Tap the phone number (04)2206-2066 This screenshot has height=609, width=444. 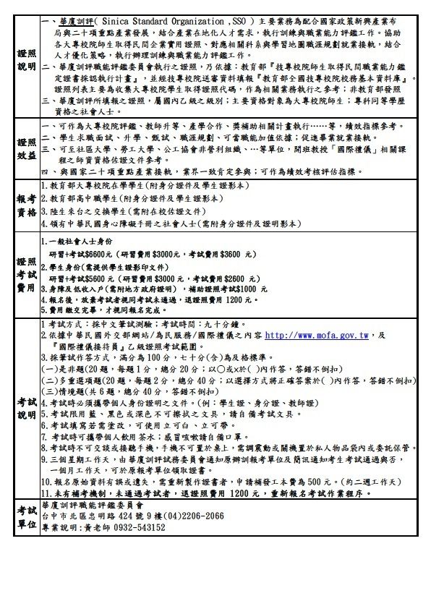click(x=193, y=517)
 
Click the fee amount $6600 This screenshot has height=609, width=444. click(x=95, y=255)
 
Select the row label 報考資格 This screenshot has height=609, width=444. click(x=27, y=205)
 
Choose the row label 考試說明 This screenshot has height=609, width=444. click(x=27, y=408)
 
